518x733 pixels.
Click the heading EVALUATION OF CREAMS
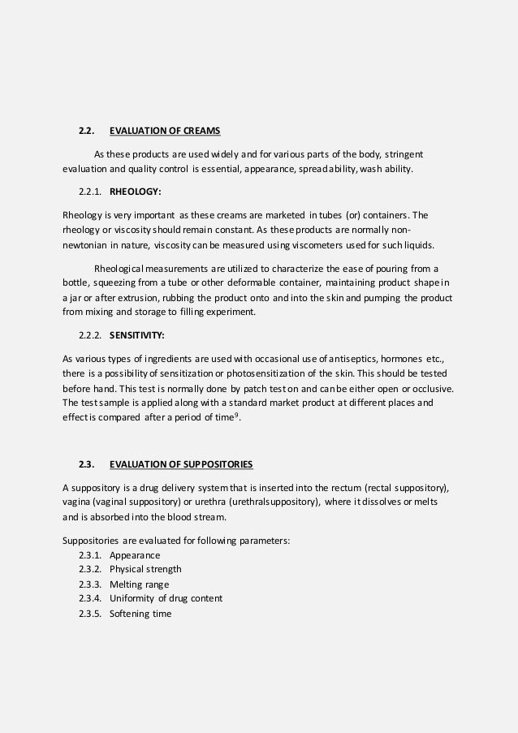coord(165,130)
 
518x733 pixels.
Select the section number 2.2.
coord(87,130)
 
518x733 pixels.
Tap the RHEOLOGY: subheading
coord(135,192)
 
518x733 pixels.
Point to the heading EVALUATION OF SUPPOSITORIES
coord(181,464)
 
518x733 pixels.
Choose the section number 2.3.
coord(87,464)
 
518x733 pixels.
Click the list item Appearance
coord(135,555)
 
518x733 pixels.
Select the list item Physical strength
coord(145,569)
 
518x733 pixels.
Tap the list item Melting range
coord(140,584)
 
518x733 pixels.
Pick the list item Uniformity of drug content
coord(166,598)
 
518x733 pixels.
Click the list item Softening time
coord(140,613)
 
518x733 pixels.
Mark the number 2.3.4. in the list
coord(91,598)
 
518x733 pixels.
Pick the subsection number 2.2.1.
coord(91,192)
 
